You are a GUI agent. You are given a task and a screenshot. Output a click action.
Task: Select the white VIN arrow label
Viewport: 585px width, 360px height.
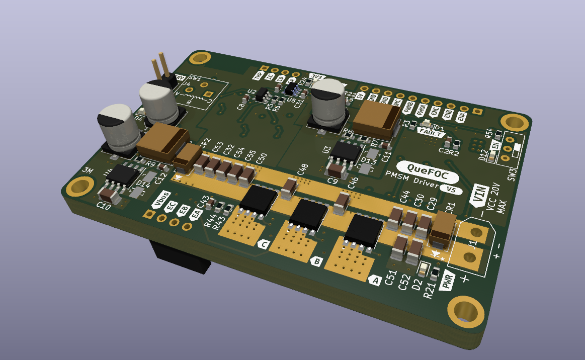pyautogui.click(x=479, y=195)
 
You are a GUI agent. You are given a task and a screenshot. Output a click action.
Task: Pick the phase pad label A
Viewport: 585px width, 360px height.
pyautogui.click(x=375, y=279)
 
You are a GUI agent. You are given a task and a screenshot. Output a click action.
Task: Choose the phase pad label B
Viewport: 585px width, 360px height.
pyautogui.click(x=316, y=261)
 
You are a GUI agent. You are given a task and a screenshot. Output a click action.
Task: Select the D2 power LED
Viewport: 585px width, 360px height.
pyautogui.click(x=423, y=269)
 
